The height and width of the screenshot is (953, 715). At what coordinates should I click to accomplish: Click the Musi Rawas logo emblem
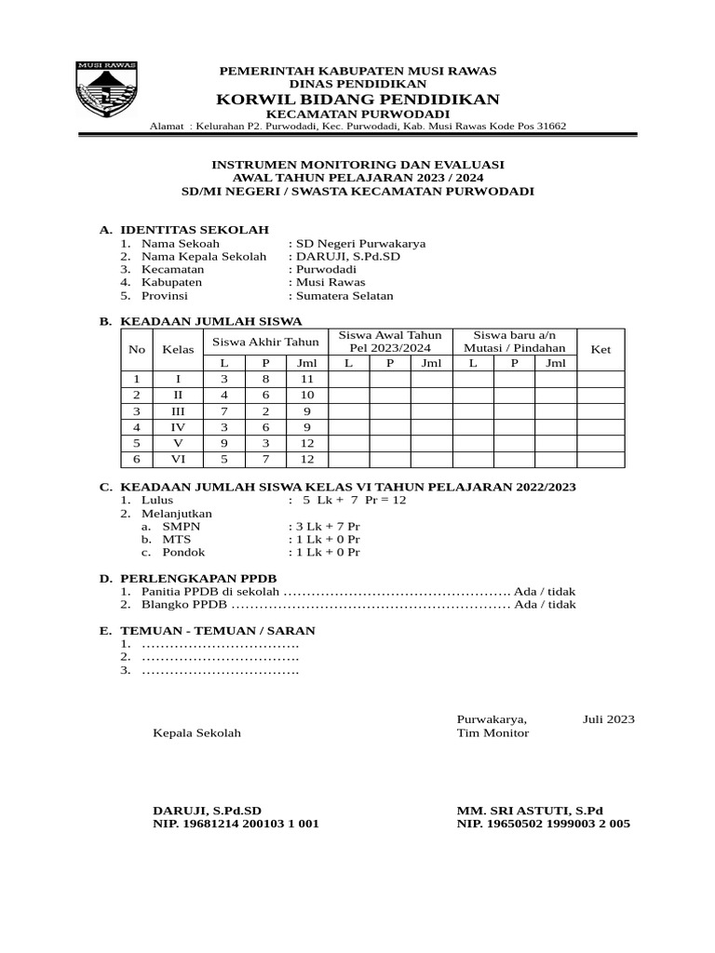click(x=106, y=89)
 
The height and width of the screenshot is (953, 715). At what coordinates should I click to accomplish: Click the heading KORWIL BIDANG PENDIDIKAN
click(x=357, y=100)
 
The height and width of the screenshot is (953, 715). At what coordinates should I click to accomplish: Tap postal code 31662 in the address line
click(x=548, y=127)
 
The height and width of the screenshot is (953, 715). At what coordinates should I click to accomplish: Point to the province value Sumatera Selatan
click(x=344, y=295)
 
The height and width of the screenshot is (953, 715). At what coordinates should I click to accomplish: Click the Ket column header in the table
click(x=600, y=349)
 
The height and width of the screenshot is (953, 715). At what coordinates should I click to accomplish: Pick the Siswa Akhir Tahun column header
click(x=265, y=341)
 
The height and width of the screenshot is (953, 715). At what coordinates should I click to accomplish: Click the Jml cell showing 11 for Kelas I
click(x=306, y=380)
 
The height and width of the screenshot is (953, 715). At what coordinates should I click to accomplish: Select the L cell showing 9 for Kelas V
click(x=223, y=443)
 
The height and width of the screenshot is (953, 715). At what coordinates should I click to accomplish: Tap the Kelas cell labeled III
click(x=177, y=411)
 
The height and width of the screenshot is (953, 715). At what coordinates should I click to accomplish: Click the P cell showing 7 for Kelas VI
click(x=265, y=459)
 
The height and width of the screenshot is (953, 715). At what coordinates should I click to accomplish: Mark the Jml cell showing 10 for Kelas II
click(x=306, y=396)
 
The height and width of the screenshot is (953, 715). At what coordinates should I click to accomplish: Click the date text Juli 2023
click(x=609, y=718)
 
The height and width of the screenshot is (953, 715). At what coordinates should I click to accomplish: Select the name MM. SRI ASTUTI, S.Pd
click(x=530, y=811)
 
